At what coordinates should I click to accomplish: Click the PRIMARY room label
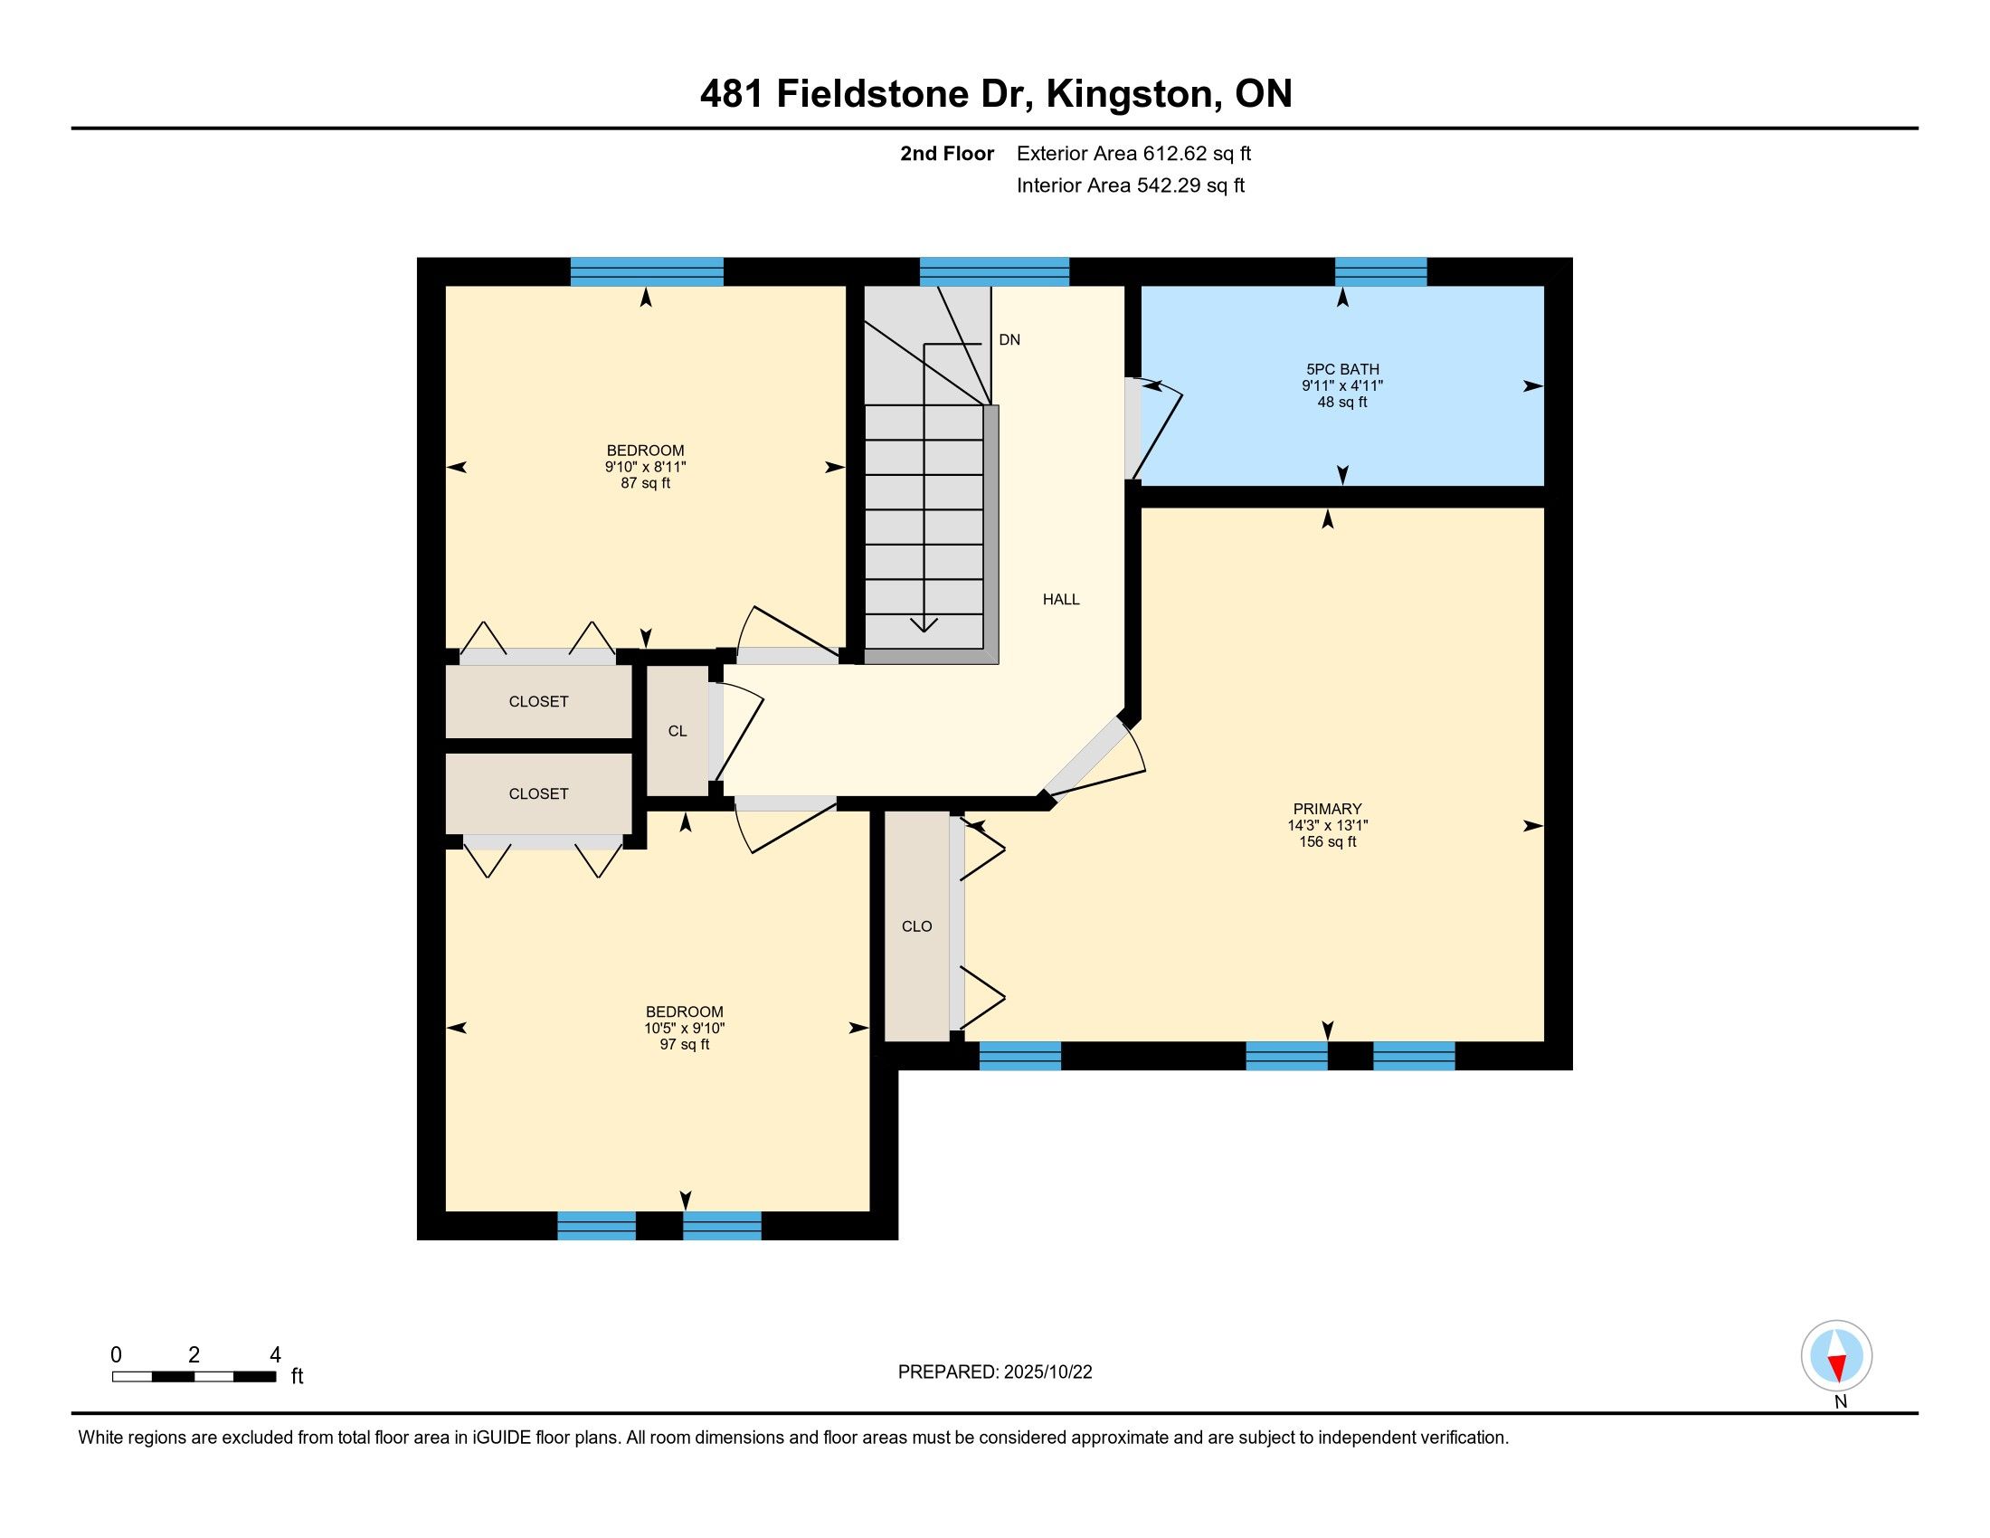[x=1327, y=808]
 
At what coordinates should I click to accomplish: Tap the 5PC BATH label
[x=1342, y=369]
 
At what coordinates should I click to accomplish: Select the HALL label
[x=1061, y=599]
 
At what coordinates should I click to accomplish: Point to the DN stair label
[x=1009, y=340]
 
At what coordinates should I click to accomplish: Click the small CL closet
[x=677, y=731]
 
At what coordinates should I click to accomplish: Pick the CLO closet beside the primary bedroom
[x=916, y=926]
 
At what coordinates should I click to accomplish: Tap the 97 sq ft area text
[x=685, y=1044]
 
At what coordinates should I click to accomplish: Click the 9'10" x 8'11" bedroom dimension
[x=645, y=467]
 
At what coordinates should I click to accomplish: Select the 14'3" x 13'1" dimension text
[x=1327, y=825]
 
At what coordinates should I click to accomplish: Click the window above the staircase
[x=994, y=271]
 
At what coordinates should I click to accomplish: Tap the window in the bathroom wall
[x=1380, y=271]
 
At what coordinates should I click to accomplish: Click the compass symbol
[x=1837, y=1355]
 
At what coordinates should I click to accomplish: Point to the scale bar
[x=194, y=1377]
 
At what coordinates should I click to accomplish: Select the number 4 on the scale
[x=275, y=1354]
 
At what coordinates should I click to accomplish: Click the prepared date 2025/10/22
[x=1047, y=1372]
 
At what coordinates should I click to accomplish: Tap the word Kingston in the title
[x=1130, y=94]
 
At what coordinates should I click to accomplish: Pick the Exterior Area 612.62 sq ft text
[x=1133, y=153]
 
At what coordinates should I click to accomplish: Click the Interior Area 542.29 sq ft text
[x=1130, y=185]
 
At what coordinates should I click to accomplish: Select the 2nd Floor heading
[x=947, y=153]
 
